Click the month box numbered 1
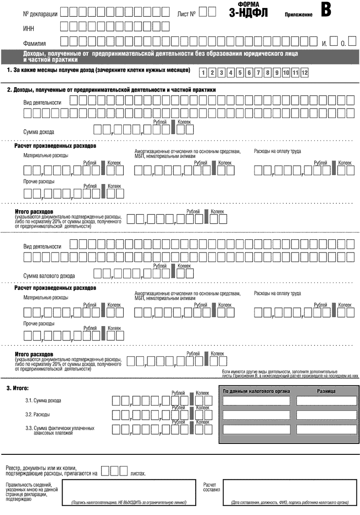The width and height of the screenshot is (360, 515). coord(203,74)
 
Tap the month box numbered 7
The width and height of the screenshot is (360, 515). coord(258,74)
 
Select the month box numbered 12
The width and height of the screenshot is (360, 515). coord(304,74)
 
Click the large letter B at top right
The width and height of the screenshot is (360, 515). coord(325,10)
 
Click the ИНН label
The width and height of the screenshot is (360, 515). coord(29,29)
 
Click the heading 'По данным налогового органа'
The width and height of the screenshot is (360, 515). coord(256,391)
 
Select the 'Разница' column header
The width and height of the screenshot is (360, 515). coord(326,391)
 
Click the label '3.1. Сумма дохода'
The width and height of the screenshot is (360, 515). coord(43,401)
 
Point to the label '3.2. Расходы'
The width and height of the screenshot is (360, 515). coord(37,414)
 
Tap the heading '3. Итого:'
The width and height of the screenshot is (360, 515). coord(18,389)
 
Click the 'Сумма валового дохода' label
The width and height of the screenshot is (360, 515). coord(49,276)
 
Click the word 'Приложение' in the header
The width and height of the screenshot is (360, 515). coord(298,15)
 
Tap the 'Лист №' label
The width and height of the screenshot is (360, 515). coord(186,14)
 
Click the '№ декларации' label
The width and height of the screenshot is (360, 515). coord(40,14)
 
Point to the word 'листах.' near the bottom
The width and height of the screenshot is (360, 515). coord(138,474)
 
